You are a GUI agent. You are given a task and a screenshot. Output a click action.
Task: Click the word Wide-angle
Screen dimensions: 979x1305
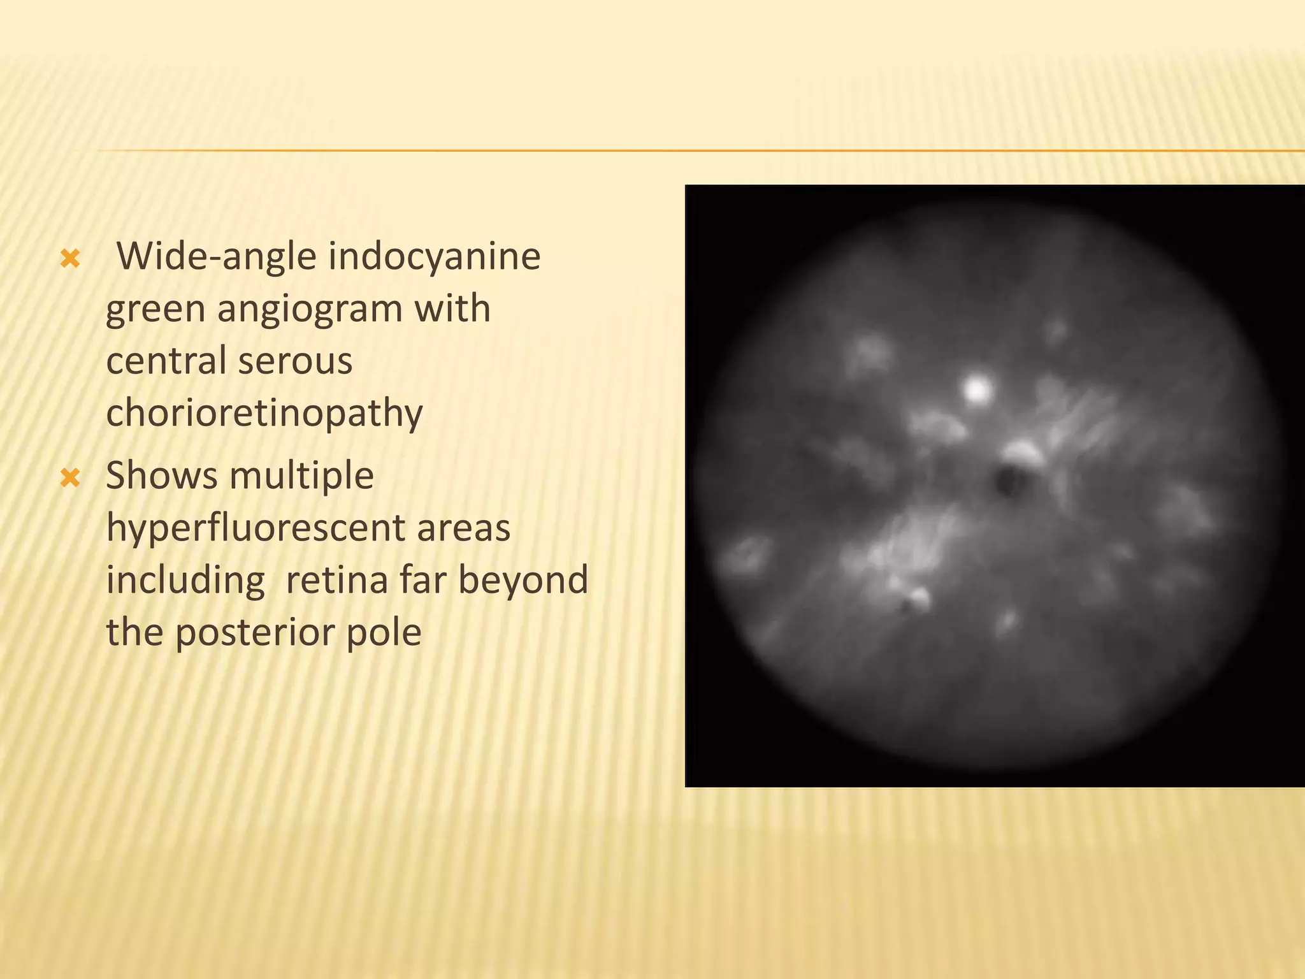click(217, 256)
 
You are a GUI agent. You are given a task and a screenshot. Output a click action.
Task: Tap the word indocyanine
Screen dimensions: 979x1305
click(434, 256)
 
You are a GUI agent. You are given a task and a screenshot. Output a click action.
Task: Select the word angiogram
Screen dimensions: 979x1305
click(309, 310)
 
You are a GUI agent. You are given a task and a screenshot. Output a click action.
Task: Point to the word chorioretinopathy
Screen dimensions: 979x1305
click(264, 414)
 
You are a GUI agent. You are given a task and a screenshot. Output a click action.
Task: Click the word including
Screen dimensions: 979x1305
click(185, 581)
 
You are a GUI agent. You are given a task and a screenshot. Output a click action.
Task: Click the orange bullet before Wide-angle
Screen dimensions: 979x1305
click(69, 258)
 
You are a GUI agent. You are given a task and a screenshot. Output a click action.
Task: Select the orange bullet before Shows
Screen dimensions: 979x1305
click(69, 477)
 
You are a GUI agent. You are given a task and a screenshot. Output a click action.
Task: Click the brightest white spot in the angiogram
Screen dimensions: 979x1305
click(976, 388)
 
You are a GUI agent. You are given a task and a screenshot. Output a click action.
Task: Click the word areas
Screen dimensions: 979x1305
click(464, 529)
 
